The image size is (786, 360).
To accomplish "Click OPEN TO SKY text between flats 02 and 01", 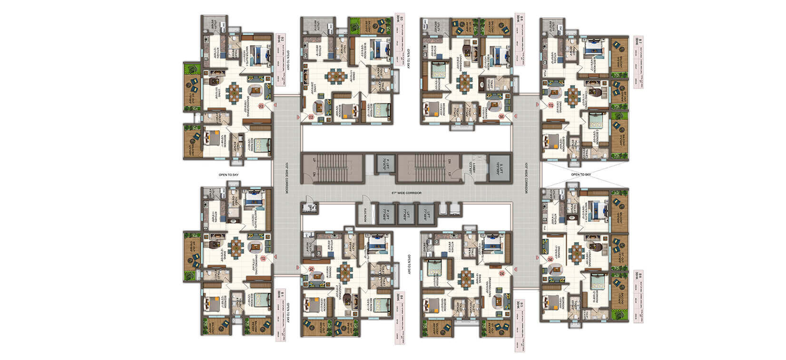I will [228, 175].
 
